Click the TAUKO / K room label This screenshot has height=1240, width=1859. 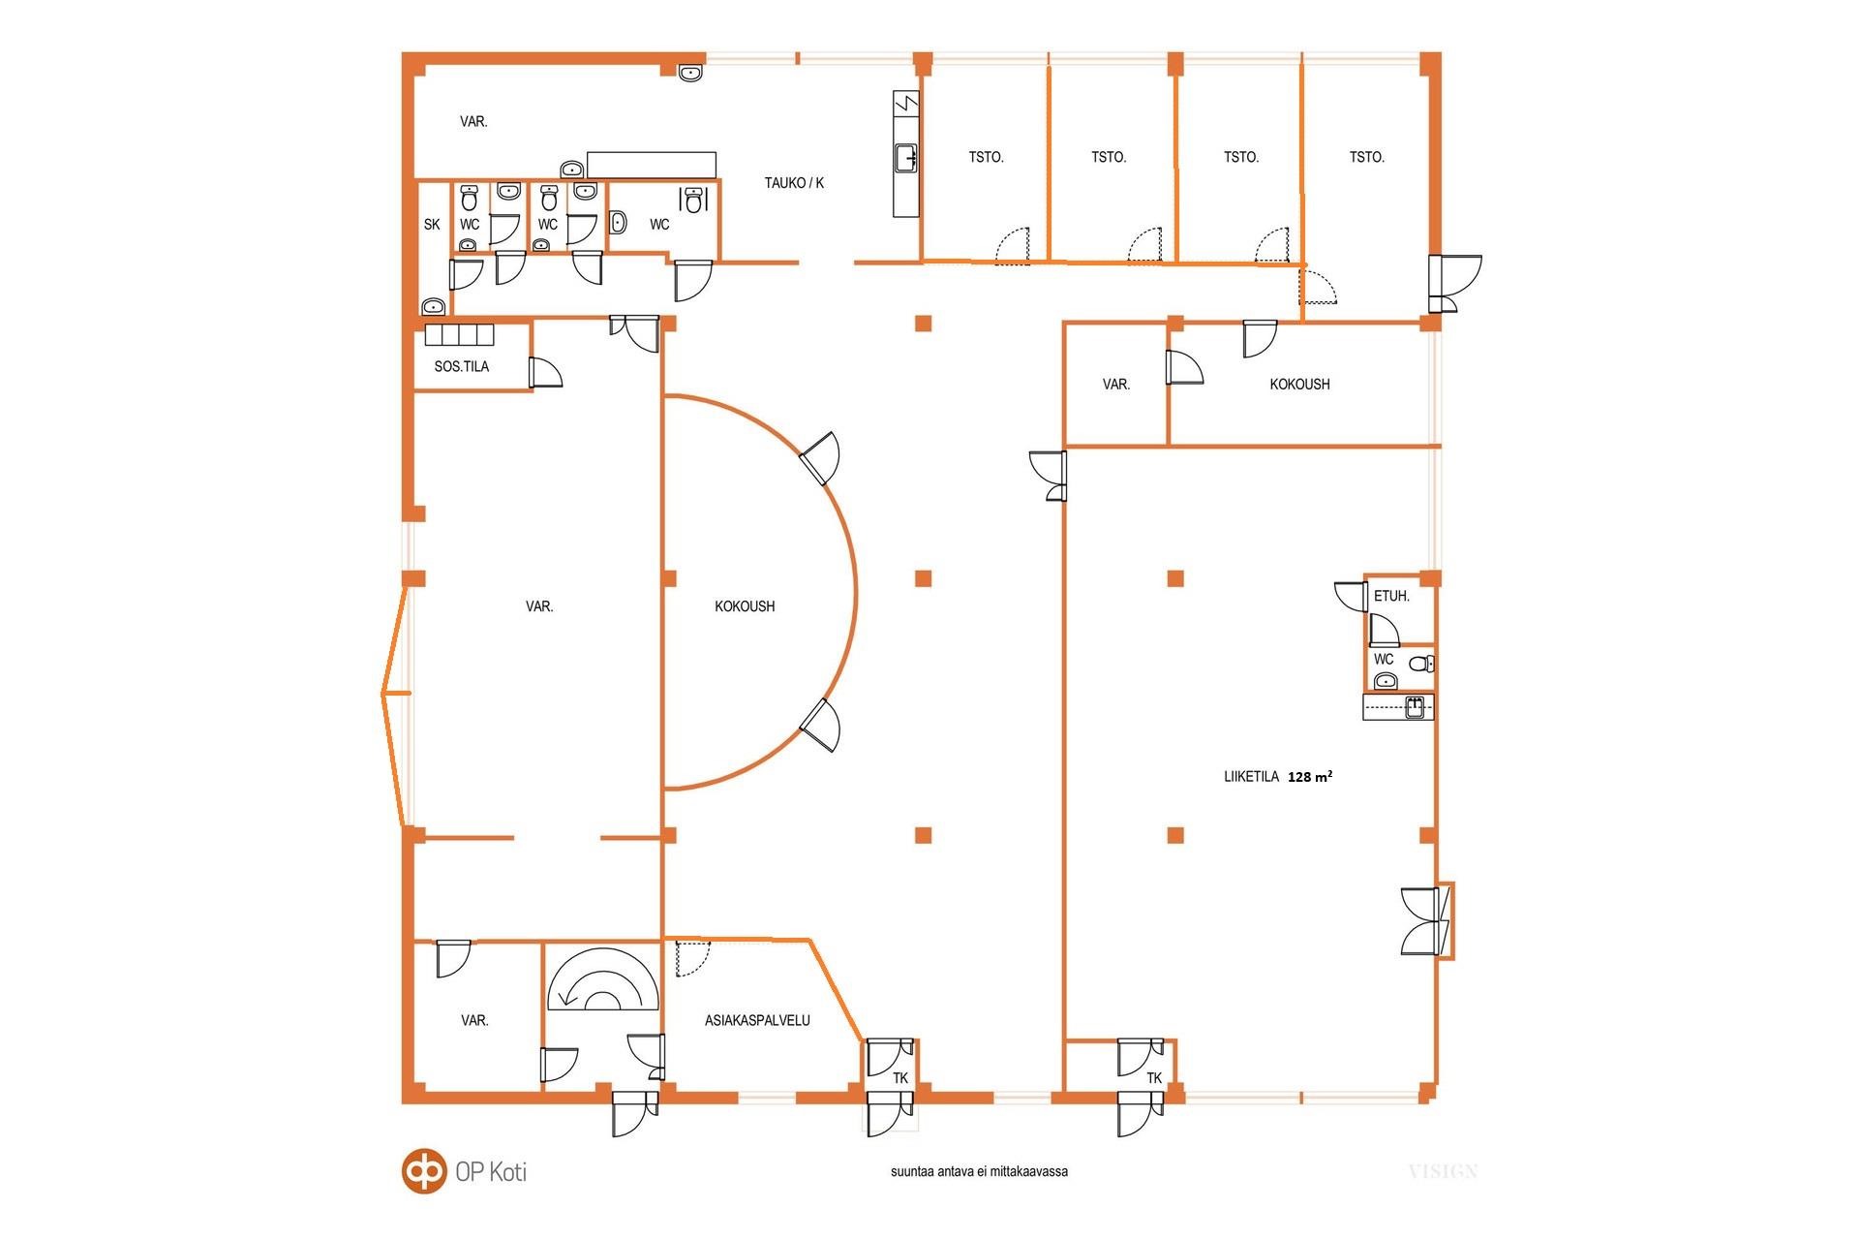click(794, 183)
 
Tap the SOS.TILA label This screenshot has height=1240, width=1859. click(462, 367)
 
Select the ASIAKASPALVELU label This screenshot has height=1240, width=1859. click(757, 1020)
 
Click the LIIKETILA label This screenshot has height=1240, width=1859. click(1251, 777)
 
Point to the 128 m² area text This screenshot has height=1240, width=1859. click(1310, 777)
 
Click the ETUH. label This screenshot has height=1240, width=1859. click(1391, 597)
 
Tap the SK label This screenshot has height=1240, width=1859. click(432, 225)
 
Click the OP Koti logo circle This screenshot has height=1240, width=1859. click(424, 1171)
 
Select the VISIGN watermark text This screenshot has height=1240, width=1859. click(1443, 1172)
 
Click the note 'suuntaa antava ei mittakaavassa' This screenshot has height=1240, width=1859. click(979, 1172)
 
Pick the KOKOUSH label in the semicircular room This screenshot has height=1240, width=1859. click(745, 606)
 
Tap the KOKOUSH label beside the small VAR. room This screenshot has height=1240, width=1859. click(1299, 385)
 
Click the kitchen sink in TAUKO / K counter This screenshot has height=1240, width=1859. click(906, 157)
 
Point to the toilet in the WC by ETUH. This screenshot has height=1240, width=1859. click(1421, 665)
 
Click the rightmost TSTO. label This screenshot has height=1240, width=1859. click(1367, 157)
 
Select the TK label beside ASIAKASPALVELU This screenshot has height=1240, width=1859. click(900, 1078)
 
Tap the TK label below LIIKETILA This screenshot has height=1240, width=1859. click(1154, 1078)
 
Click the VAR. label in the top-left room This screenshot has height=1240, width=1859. click(473, 122)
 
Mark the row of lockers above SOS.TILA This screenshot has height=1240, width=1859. click(459, 335)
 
